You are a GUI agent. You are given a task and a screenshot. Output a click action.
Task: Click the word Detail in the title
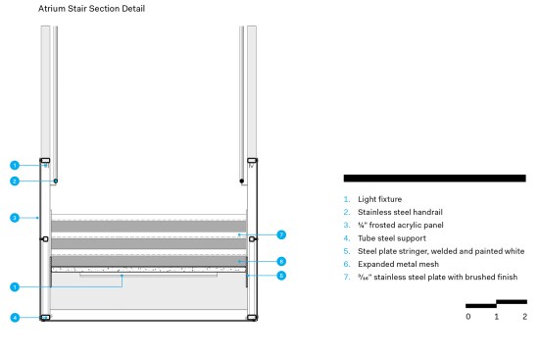tap(133, 9)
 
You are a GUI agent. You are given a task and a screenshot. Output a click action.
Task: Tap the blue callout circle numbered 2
tap(15, 181)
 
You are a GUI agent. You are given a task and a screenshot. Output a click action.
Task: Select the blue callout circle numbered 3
tap(15, 218)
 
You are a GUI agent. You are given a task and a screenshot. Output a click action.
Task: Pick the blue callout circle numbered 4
tap(15, 318)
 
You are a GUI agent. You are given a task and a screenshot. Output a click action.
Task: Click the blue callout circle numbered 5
tap(281, 276)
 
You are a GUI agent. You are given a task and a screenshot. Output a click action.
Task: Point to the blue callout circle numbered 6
tap(281, 261)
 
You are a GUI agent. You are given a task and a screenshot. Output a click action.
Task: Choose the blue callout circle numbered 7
tap(281, 234)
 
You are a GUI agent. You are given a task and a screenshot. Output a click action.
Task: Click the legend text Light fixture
tap(379, 199)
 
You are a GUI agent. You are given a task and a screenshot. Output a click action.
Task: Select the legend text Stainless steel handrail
tap(400, 212)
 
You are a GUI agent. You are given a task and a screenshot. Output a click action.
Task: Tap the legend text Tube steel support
tap(392, 238)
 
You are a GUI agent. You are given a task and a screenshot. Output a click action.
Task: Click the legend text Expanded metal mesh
tap(398, 264)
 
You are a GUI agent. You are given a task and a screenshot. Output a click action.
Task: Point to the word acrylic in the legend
tap(413, 226)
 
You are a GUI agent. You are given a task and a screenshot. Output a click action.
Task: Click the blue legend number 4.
tap(347, 238)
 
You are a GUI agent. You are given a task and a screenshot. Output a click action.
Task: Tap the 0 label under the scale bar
tap(468, 317)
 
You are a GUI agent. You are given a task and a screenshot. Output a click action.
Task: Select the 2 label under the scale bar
tap(524, 317)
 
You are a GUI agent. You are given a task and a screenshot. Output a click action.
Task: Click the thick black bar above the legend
tap(434, 179)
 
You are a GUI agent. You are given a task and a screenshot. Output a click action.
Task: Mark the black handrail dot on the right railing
tap(242, 181)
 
